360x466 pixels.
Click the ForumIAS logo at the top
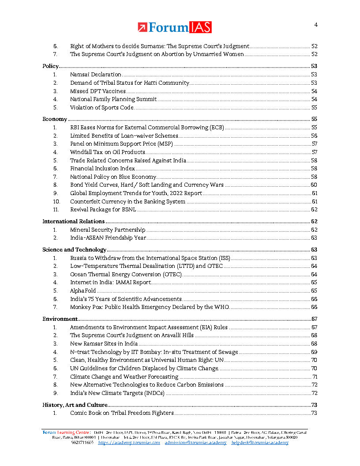click(x=175, y=27)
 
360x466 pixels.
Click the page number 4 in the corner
click(x=315, y=25)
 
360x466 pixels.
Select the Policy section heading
click(x=50, y=66)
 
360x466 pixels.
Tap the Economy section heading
click(x=55, y=119)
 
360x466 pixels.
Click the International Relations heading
click(x=73, y=222)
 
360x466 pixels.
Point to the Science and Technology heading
click(x=74, y=250)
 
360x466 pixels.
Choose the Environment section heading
click(x=60, y=319)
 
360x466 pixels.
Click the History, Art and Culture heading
click(x=75, y=405)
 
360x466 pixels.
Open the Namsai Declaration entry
click(x=96, y=75)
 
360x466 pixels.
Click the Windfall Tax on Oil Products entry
click(x=108, y=152)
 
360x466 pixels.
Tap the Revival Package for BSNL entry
click(x=103, y=210)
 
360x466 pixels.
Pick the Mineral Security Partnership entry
click(x=108, y=230)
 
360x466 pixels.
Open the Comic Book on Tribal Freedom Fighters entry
click(x=122, y=413)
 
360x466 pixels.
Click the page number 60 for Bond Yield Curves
click(x=314, y=185)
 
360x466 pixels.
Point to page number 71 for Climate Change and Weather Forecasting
click(x=315, y=377)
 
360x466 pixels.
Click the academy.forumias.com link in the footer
click(x=129, y=443)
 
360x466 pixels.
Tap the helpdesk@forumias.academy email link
click(x=260, y=443)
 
